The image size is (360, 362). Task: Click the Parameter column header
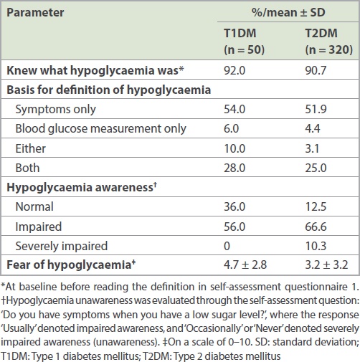(x=35, y=12)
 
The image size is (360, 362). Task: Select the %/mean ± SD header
(x=288, y=12)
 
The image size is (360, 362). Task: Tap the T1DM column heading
(x=240, y=33)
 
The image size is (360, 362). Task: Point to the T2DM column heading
(x=321, y=33)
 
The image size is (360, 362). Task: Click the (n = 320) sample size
(x=329, y=49)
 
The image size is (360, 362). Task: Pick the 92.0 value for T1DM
(x=235, y=70)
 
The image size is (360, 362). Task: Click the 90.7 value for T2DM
(x=316, y=70)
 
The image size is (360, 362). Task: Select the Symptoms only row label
(x=55, y=110)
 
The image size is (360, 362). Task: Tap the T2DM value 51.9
(x=316, y=109)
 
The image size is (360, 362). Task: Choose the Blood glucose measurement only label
(x=100, y=129)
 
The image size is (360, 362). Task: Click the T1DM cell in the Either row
(x=235, y=148)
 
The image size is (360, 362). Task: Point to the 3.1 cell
(x=312, y=148)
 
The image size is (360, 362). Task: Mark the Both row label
(x=27, y=168)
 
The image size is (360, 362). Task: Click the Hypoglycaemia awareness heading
(x=82, y=187)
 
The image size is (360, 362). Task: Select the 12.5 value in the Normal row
(x=316, y=206)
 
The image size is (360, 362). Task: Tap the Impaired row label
(x=39, y=227)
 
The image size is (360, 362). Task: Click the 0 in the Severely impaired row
(x=227, y=246)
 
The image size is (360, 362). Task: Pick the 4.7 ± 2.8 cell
(x=245, y=265)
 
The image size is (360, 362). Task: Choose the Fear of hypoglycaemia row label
(x=71, y=265)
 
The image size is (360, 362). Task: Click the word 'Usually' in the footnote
(x=19, y=328)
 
